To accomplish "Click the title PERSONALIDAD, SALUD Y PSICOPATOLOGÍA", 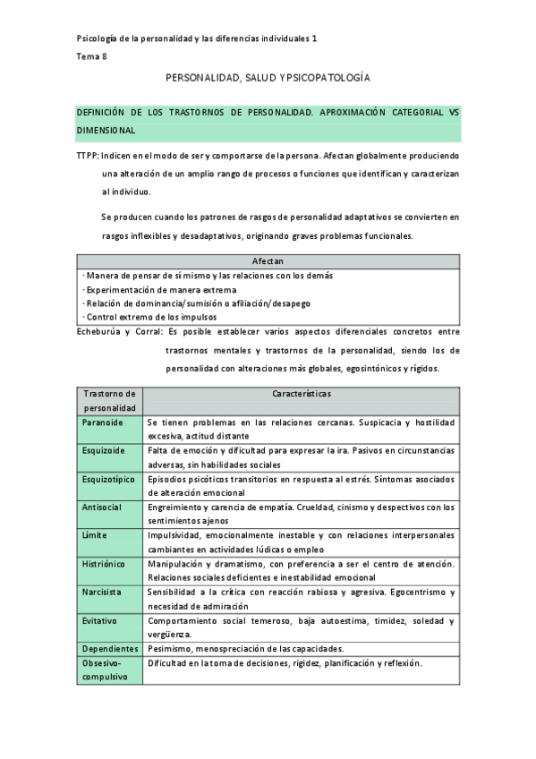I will click(x=268, y=79).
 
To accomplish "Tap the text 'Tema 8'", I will click(x=90, y=56).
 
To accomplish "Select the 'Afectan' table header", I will click(x=268, y=261).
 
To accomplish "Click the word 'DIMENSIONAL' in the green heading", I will click(x=106, y=131).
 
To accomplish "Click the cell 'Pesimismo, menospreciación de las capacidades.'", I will click(x=245, y=649).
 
